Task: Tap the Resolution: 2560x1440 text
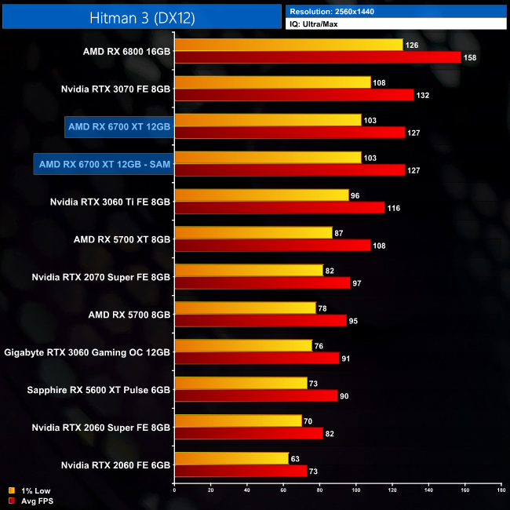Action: click(338, 12)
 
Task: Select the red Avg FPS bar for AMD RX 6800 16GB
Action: click(317, 57)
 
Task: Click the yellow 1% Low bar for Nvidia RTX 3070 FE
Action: click(272, 82)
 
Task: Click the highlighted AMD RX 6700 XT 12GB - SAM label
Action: click(104, 163)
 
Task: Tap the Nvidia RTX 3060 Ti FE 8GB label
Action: click(110, 201)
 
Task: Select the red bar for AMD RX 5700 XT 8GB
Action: click(271, 246)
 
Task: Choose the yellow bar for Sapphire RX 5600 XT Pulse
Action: click(241, 383)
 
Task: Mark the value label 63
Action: click(296, 458)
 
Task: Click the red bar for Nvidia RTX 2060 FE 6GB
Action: click(241, 471)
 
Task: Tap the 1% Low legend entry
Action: click(32, 491)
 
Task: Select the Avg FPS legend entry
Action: click(34, 501)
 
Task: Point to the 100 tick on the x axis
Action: click(356, 490)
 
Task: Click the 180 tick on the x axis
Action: click(501, 490)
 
